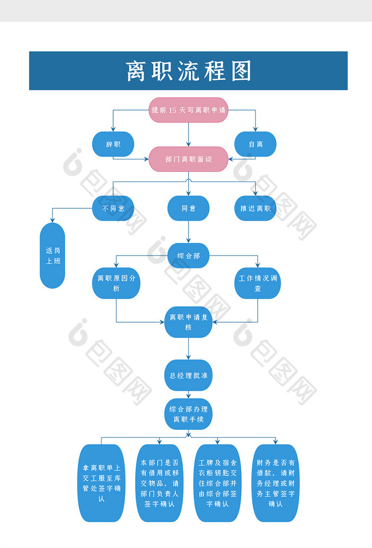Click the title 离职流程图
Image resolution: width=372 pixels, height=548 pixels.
188,71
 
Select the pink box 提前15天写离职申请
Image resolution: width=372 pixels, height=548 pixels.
188,110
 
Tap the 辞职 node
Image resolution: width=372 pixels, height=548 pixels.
113,144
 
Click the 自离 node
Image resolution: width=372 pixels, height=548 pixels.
256,144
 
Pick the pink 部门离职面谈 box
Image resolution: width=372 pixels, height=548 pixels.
188,159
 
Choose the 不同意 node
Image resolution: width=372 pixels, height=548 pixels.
113,208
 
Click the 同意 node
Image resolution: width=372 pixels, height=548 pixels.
188,208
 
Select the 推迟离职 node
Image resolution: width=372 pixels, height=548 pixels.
256,208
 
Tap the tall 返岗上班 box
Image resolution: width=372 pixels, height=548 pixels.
53,255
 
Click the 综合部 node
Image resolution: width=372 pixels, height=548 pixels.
188,256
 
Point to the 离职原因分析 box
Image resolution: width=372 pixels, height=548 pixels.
116,283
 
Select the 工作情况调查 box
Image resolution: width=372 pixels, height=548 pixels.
258,283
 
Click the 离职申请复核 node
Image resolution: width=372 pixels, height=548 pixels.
188,322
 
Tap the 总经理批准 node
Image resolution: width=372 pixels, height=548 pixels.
188,375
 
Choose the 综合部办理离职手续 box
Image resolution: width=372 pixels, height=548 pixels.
188,414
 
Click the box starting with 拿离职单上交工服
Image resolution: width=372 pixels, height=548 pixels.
102,483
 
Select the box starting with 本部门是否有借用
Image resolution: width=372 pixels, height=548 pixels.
159,483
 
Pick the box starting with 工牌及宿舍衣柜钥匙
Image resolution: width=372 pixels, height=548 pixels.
217,483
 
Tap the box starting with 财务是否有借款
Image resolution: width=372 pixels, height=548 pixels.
275,483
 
